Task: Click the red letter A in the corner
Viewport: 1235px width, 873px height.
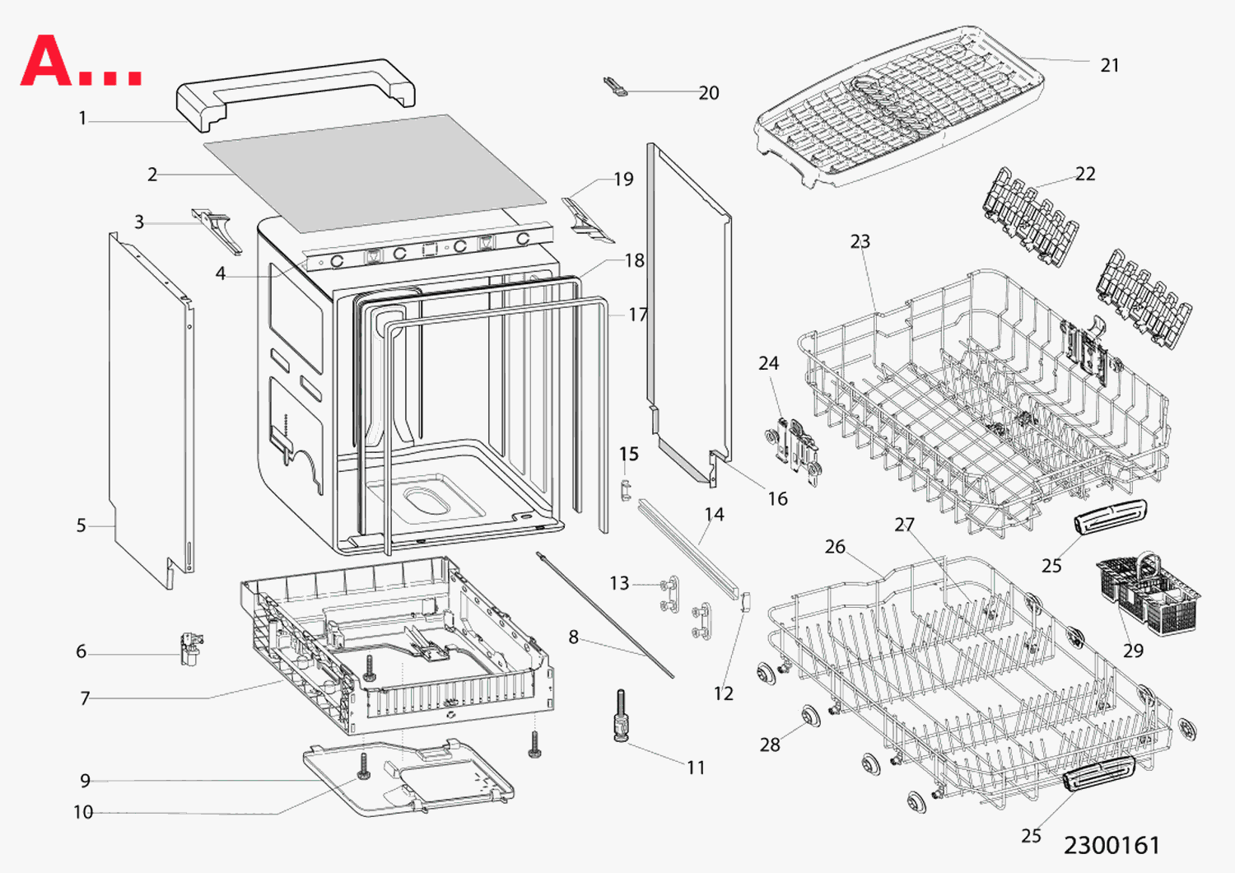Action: [x=47, y=61]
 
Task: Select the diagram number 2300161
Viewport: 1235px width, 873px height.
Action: [x=1111, y=845]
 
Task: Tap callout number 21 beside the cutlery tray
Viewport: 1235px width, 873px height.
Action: [x=1110, y=65]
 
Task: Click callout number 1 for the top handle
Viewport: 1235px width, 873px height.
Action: [x=82, y=119]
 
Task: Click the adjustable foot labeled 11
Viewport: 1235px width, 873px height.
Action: [x=621, y=717]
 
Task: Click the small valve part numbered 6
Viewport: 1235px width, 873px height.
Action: [x=191, y=648]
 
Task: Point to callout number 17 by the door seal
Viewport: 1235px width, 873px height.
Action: [x=637, y=315]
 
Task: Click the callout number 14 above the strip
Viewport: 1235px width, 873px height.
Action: [x=714, y=515]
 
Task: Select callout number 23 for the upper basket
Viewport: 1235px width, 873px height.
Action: [x=860, y=241]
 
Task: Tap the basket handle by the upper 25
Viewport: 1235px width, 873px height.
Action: [x=1109, y=516]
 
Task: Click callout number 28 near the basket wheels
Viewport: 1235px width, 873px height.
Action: [x=770, y=745]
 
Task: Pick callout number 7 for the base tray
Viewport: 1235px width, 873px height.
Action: [x=85, y=698]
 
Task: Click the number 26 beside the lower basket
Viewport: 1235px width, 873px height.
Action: [x=835, y=547]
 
